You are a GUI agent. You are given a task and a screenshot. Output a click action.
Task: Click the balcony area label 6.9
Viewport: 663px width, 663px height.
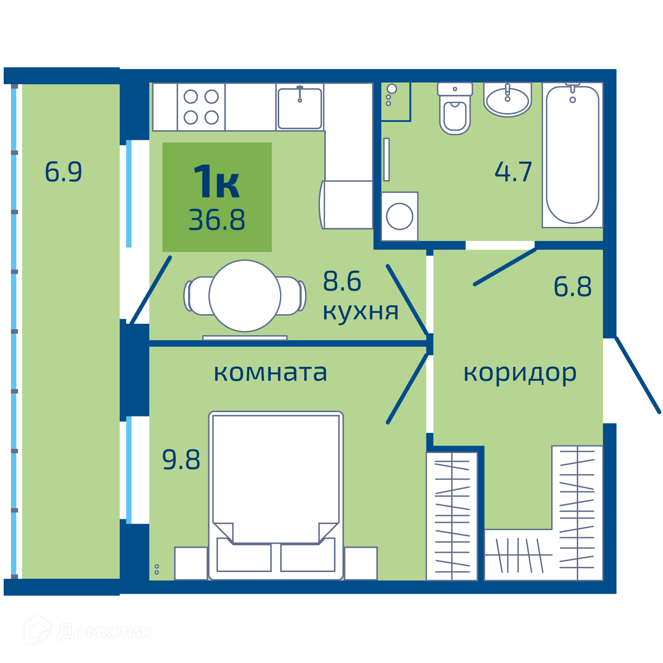pos(63,172)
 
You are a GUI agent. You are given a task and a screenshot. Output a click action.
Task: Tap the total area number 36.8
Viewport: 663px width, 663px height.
pos(217,220)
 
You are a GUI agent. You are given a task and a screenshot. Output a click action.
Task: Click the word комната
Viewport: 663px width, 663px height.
pos(270,373)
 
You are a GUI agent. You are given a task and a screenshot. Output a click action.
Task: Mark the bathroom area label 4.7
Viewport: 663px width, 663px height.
pos(513,172)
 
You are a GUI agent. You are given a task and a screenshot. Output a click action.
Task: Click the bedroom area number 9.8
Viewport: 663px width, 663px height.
pos(181,460)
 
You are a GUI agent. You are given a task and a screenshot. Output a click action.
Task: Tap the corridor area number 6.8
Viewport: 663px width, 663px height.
pos(572,287)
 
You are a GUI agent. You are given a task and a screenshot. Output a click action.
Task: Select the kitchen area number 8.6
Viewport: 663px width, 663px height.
pos(342,281)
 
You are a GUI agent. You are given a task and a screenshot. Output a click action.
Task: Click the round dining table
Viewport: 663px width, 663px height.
pos(245,296)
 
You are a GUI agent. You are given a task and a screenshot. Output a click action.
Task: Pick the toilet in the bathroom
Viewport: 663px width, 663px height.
pos(455,108)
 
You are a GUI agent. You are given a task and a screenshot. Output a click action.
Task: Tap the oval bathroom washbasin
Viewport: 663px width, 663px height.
pos(508,100)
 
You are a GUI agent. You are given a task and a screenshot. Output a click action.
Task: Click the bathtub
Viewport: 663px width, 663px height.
pos(572,155)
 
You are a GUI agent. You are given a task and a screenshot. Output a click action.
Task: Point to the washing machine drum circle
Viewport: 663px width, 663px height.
pos(400,217)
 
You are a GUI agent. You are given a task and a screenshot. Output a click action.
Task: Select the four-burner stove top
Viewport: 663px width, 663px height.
pos(201,107)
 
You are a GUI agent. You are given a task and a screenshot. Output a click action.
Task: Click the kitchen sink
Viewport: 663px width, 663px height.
pos(300,108)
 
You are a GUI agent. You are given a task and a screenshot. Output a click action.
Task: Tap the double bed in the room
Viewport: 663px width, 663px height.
pos(276,495)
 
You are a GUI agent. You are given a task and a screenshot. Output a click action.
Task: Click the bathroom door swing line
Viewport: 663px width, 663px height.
pos(505,267)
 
